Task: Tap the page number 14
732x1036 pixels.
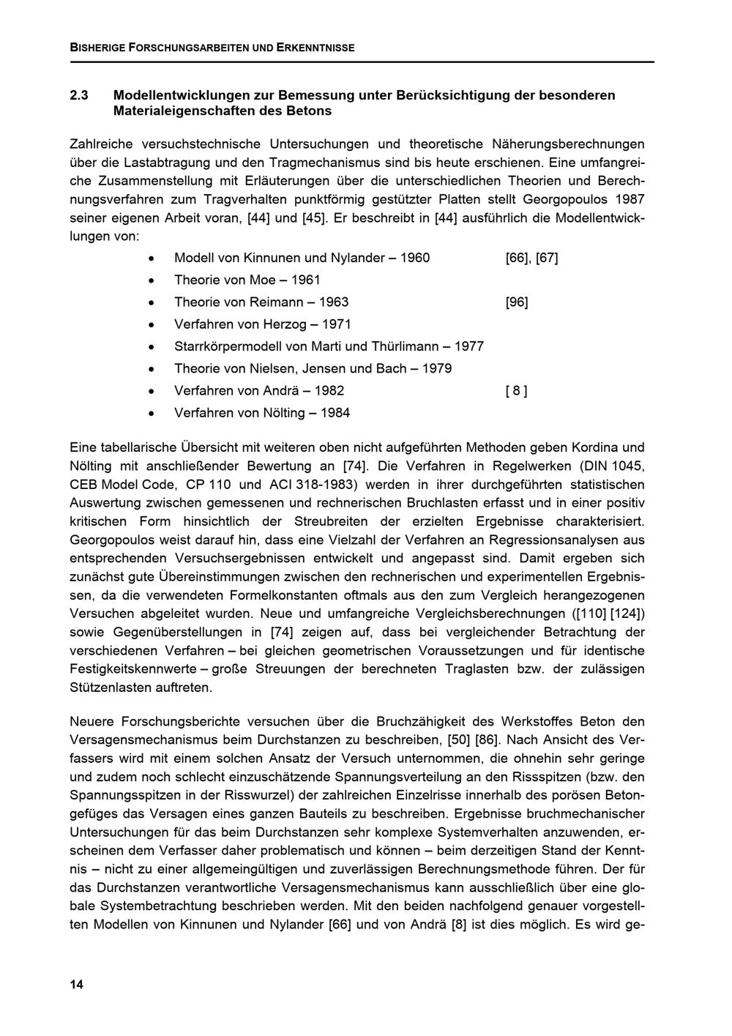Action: tap(77, 984)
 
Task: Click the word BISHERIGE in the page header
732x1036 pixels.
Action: tap(97, 48)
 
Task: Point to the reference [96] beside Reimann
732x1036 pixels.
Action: tap(516, 302)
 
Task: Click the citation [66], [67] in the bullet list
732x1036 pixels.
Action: tap(531, 258)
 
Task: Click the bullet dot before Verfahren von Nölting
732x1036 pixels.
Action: tap(151, 413)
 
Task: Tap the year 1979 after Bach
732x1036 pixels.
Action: tap(437, 368)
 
